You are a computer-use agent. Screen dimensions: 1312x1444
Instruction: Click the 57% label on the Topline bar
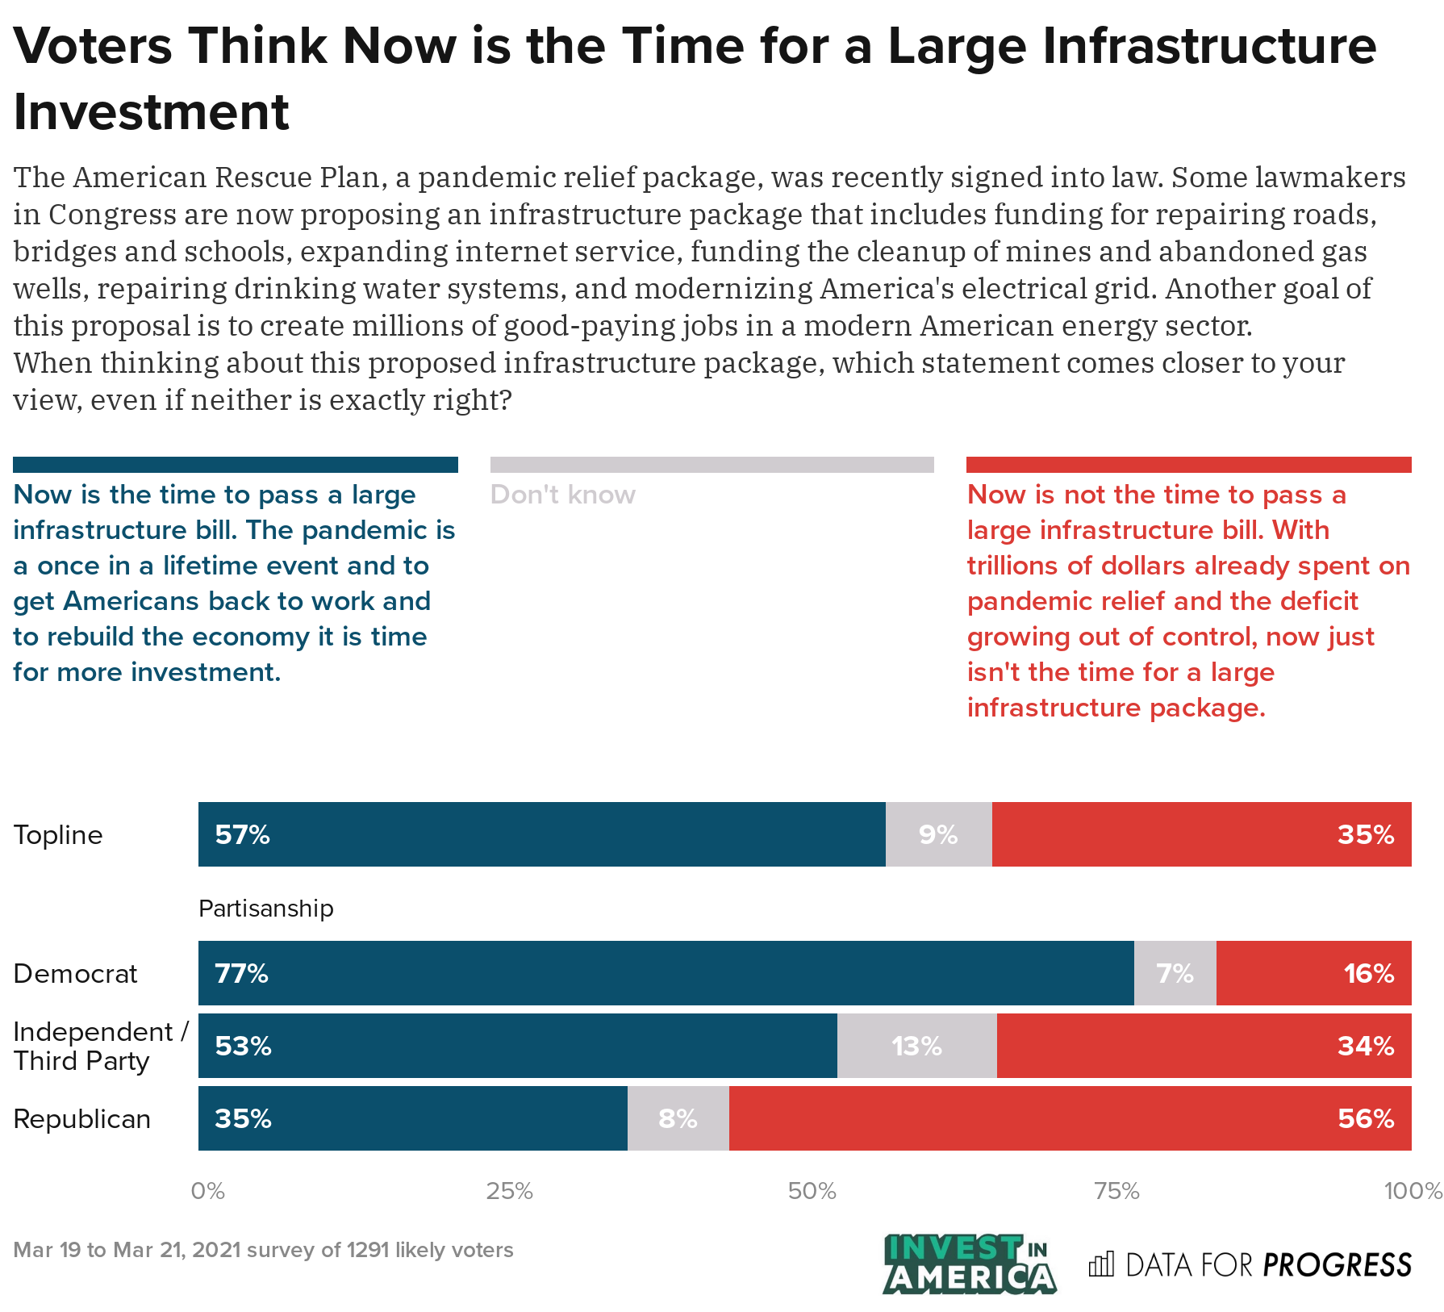pos(242,834)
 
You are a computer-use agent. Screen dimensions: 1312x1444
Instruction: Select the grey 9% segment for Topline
pos(938,834)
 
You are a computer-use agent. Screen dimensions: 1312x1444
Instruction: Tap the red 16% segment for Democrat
pos(1313,973)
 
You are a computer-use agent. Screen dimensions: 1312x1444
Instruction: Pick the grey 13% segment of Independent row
pos(916,1046)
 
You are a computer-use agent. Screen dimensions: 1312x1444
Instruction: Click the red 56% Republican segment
pos(1070,1118)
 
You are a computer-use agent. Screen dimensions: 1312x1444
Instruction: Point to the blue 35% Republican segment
pos(412,1118)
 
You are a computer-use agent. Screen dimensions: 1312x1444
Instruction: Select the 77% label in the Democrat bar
pos(241,973)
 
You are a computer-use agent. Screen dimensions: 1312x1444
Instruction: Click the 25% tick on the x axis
pos(509,1191)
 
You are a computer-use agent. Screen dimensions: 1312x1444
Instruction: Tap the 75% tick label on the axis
pos(1116,1191)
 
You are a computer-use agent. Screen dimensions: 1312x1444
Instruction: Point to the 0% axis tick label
pos(207,1191)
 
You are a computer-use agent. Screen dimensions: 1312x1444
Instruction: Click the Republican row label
pos(82,1119)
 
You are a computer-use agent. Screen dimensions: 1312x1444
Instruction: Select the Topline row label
pos(58,834)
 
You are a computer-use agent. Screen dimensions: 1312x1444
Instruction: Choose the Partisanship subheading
pos(265,909)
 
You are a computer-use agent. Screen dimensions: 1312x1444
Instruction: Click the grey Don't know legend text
pos(562,495)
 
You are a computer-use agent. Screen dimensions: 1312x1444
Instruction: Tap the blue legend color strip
pos(235,465)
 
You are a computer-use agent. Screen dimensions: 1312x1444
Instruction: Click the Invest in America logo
pos(969,1264)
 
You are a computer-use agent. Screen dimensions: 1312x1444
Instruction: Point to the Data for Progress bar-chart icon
pos(1101,1264)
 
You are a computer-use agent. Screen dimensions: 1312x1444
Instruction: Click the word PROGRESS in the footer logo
pos(1337,1264)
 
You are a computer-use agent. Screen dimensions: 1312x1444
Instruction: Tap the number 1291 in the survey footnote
pos(367,1250)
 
